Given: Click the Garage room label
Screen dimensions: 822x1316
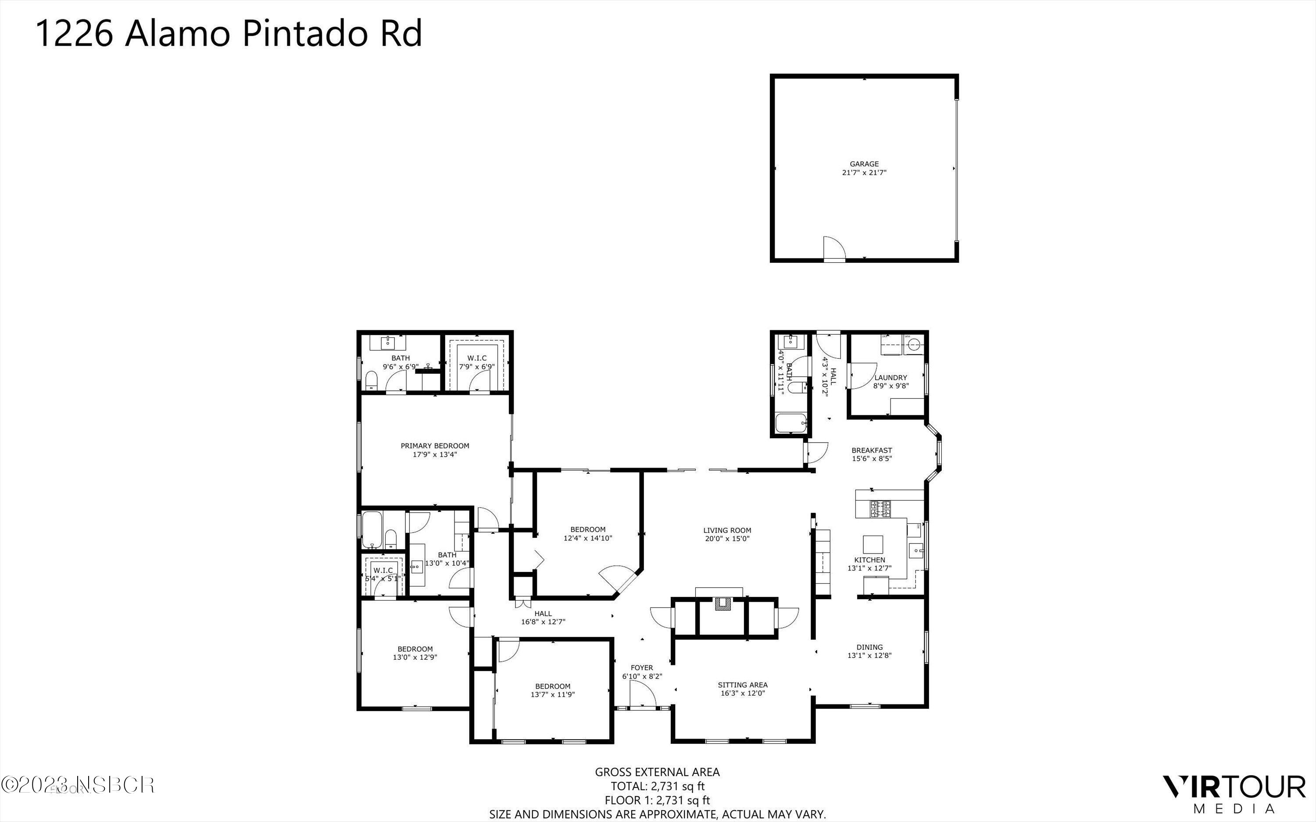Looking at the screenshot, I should coord(864,164).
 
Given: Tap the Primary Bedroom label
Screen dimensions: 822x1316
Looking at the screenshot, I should coord(435,446).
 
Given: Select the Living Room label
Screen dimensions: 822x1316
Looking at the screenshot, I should coord(727,530).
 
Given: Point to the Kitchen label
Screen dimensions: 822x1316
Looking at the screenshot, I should coord(870,559).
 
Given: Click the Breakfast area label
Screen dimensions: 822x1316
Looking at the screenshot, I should coord(871,450).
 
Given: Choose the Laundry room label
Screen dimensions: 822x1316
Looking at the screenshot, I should coord(890,377).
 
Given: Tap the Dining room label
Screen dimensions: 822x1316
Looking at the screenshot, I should coord(869,647).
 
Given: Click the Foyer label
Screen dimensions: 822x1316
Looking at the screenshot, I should coord(642,668).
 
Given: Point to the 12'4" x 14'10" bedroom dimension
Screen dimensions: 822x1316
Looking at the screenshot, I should coord(588,538).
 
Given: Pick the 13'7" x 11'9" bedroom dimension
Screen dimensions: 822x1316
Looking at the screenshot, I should coord(553,694).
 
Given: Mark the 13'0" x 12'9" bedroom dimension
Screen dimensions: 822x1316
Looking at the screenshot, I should coord(415,657).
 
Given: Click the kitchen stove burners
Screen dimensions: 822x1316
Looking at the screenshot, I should coord(880,509).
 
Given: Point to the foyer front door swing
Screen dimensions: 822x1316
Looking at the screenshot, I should coord(642,695).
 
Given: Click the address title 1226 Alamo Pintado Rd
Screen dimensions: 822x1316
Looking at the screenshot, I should coord(228,34).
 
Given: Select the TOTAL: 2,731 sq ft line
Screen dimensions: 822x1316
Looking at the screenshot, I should coord(657,786).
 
